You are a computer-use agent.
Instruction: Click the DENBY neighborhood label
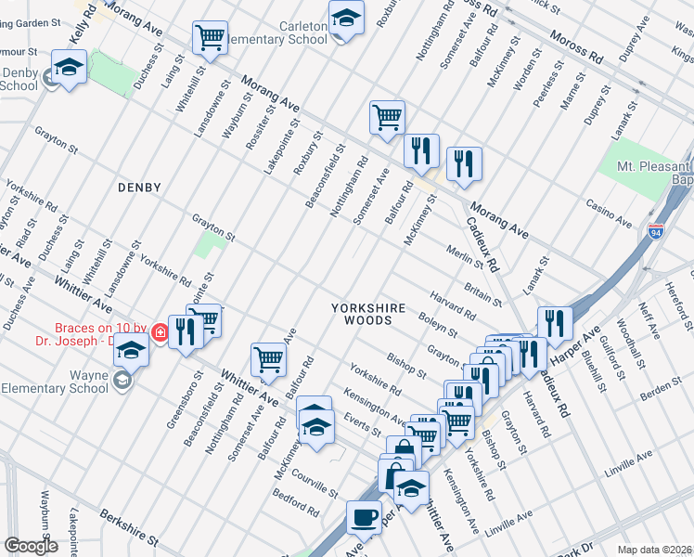[x=139, y=188]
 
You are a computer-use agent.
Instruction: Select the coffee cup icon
[x=364, y=516]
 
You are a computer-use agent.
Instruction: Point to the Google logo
[x=31, y=546]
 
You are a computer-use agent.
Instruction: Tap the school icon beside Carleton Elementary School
[x=346, y=19]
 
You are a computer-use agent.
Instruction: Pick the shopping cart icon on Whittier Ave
[x=268, y=358]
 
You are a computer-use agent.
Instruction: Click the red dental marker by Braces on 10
[x=161, y=331]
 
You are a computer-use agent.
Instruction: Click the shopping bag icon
[x=403, y=451]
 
